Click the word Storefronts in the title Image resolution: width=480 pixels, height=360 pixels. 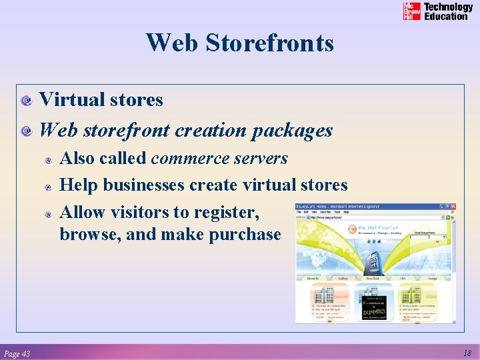[x=269, y=43]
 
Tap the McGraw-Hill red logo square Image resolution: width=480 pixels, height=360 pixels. [x=411, y=11]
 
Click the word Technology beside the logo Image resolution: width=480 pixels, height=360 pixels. [x=448, y=7]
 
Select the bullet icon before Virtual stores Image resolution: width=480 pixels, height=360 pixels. [x=27, y=101]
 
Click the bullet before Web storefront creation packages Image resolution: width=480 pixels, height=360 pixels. [x=27, y=132]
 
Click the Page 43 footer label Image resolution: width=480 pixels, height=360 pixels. [x=17, y=353]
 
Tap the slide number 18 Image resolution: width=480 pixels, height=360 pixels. [x=466, y=353]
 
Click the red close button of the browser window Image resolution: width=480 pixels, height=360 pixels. [x=453, y=207]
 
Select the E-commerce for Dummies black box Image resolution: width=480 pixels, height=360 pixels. [x=373, y=307]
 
